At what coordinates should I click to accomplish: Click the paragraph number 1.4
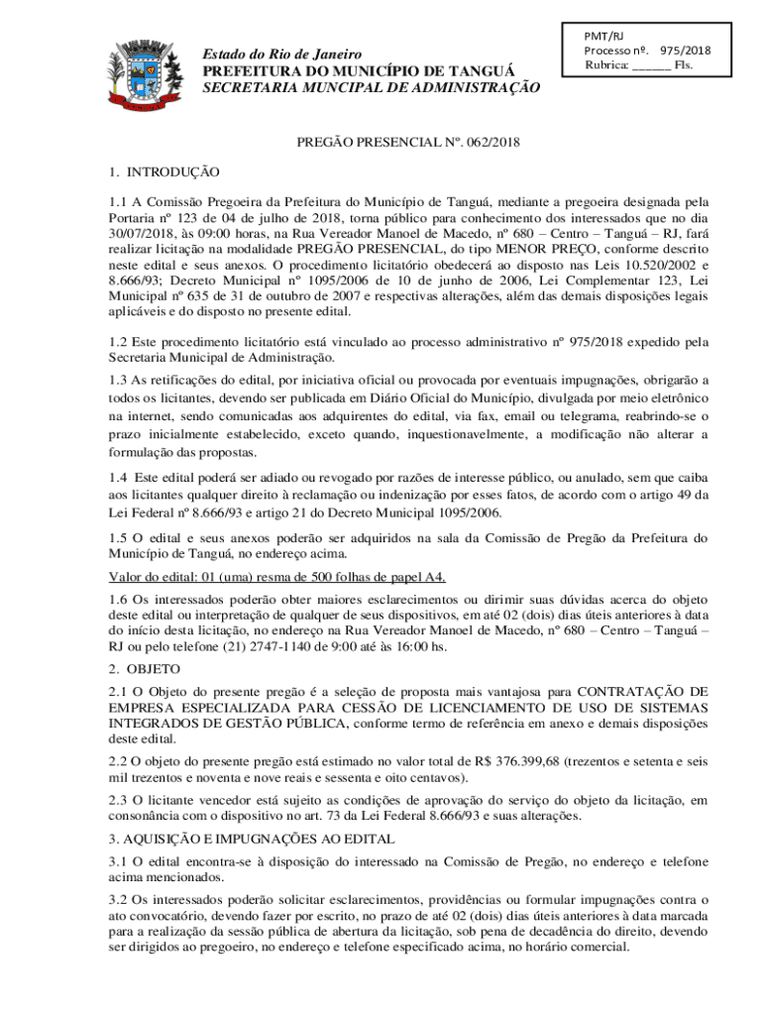(x=120, y=478)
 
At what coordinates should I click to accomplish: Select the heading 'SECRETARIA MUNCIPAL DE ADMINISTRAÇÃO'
(x=371, y=88)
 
